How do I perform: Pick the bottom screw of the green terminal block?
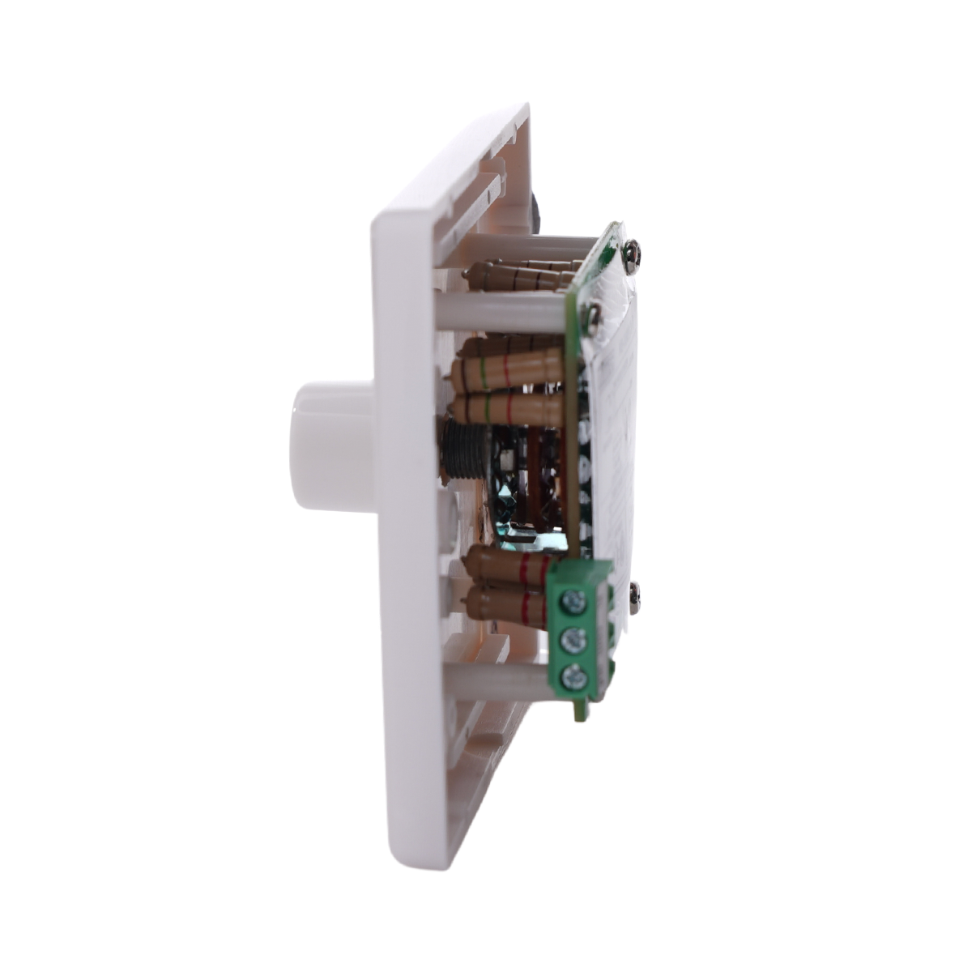[x=575, y=675]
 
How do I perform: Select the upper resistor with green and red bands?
[x=506, y=369]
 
